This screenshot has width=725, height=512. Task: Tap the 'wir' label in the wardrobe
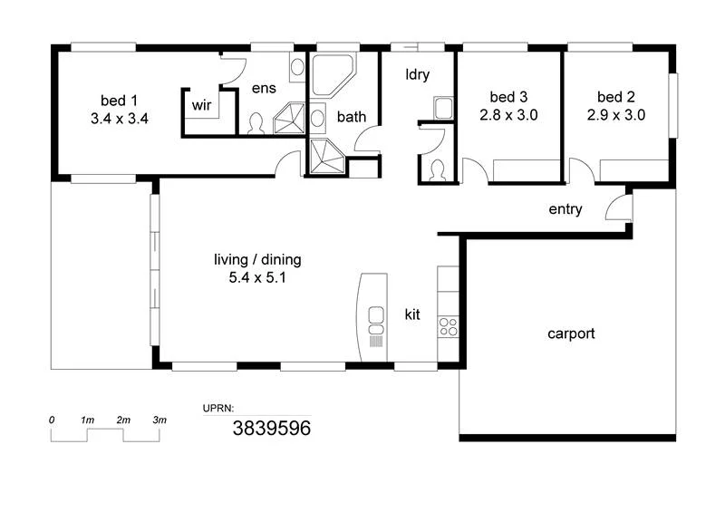(x=201, y=105)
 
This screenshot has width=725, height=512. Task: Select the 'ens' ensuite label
(x=263, y=89)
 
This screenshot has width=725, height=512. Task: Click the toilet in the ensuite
(x=256, y=124)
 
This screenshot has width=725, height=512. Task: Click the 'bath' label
(x=352, y=117)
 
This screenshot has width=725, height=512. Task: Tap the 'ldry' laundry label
(x=417, y=74)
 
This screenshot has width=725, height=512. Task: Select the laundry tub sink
(x=442, y=109)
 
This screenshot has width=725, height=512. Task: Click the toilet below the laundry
(x=437, y=169)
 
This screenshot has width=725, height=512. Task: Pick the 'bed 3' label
(x=508, y=97)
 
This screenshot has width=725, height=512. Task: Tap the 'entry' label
(x=565, y=209)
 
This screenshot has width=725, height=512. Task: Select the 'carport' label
(x=571, y=333)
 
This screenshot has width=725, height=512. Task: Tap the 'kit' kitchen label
(x=412, y=314)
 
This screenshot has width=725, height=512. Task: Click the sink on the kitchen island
(x=375, y=315)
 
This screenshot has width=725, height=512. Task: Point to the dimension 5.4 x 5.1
(x=257, y=278)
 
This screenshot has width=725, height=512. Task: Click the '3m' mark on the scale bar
(x=159, y=420)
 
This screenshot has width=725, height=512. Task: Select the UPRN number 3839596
(x=272, y=429)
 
